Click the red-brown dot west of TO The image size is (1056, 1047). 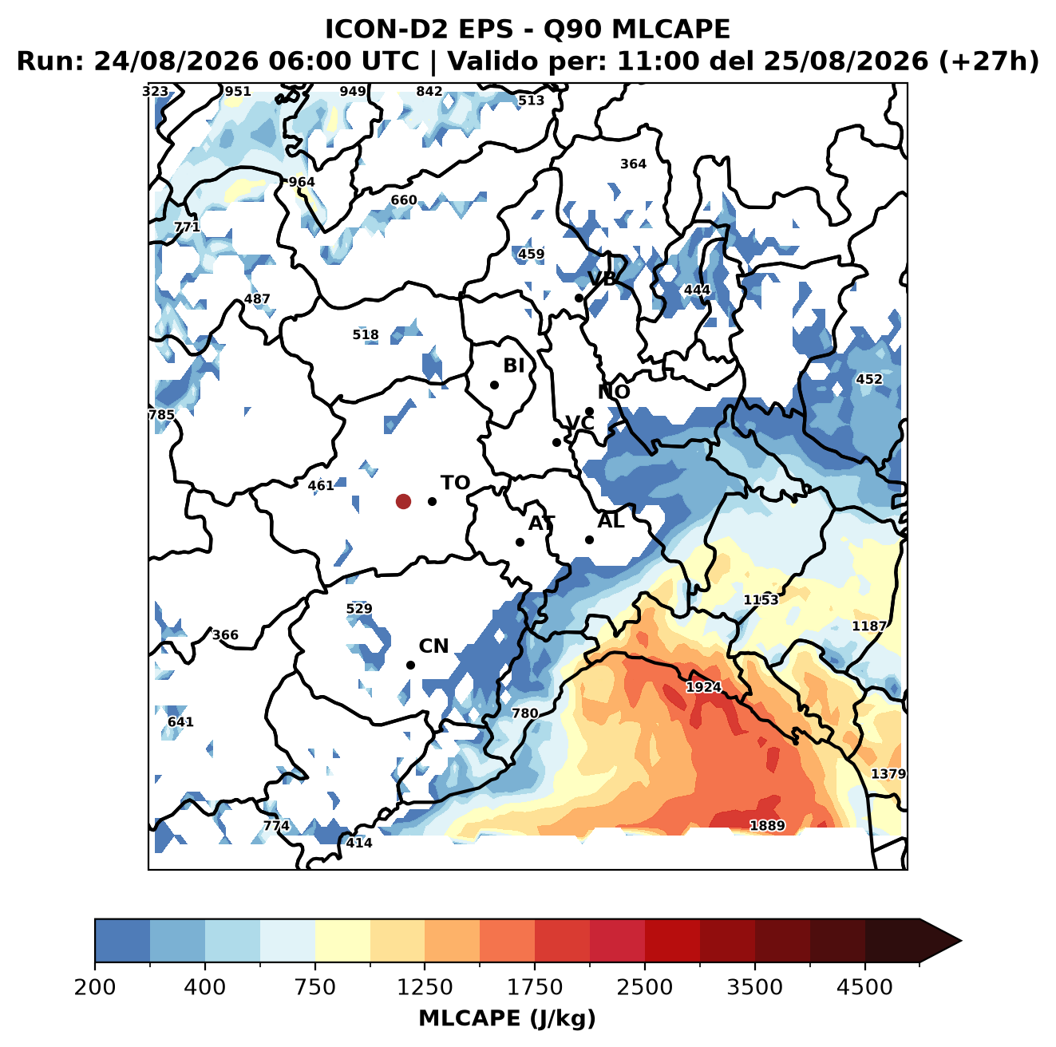[403, 501]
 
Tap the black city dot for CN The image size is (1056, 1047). [410, 665]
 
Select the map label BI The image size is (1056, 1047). [513, 365]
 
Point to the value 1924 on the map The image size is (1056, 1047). [703, 686]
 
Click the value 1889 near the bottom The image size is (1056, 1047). [766, 825]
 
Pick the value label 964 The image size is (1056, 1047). [302, 182]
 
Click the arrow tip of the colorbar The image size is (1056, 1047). [961, 941]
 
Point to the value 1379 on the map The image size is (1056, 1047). [888, 773]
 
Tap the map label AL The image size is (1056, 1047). [611, 520]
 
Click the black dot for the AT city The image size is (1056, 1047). [520, 542]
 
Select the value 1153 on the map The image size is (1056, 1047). [760, 600]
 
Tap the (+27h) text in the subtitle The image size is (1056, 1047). [988, 61]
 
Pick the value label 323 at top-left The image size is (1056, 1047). [155, 92]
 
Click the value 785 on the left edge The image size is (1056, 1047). [161, 415]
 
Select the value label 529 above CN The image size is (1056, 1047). [359, 609]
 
